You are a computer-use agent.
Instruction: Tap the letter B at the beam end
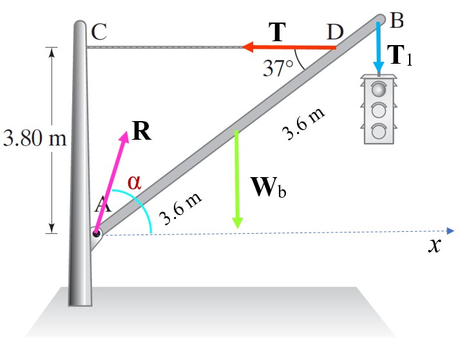[x=397, y=21]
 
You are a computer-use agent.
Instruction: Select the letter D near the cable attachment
[x=336, y=31]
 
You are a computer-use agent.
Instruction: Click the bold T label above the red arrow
[x=277, y=32]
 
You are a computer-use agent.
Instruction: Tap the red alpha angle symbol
[x=133, y=182]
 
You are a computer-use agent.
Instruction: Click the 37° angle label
[x=278, y=66]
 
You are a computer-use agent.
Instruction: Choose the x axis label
[x=437, y=245]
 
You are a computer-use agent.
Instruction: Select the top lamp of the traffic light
[x=379, y=88]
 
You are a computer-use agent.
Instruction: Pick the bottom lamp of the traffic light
[x=379, y=132]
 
